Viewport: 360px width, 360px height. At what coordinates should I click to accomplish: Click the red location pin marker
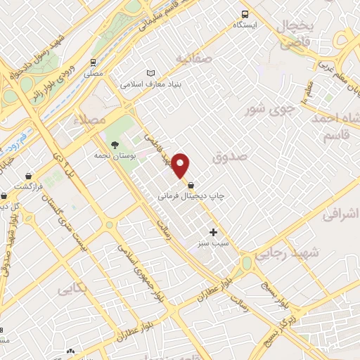pos(181,165)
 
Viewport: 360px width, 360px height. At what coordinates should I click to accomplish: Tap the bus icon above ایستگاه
pos(245,13)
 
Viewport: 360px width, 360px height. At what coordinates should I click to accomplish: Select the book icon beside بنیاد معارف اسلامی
pos(150,74)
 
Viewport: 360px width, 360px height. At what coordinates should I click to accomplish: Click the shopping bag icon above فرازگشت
pos(29,176)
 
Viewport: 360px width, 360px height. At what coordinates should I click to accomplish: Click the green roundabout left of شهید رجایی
pos(246,264)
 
